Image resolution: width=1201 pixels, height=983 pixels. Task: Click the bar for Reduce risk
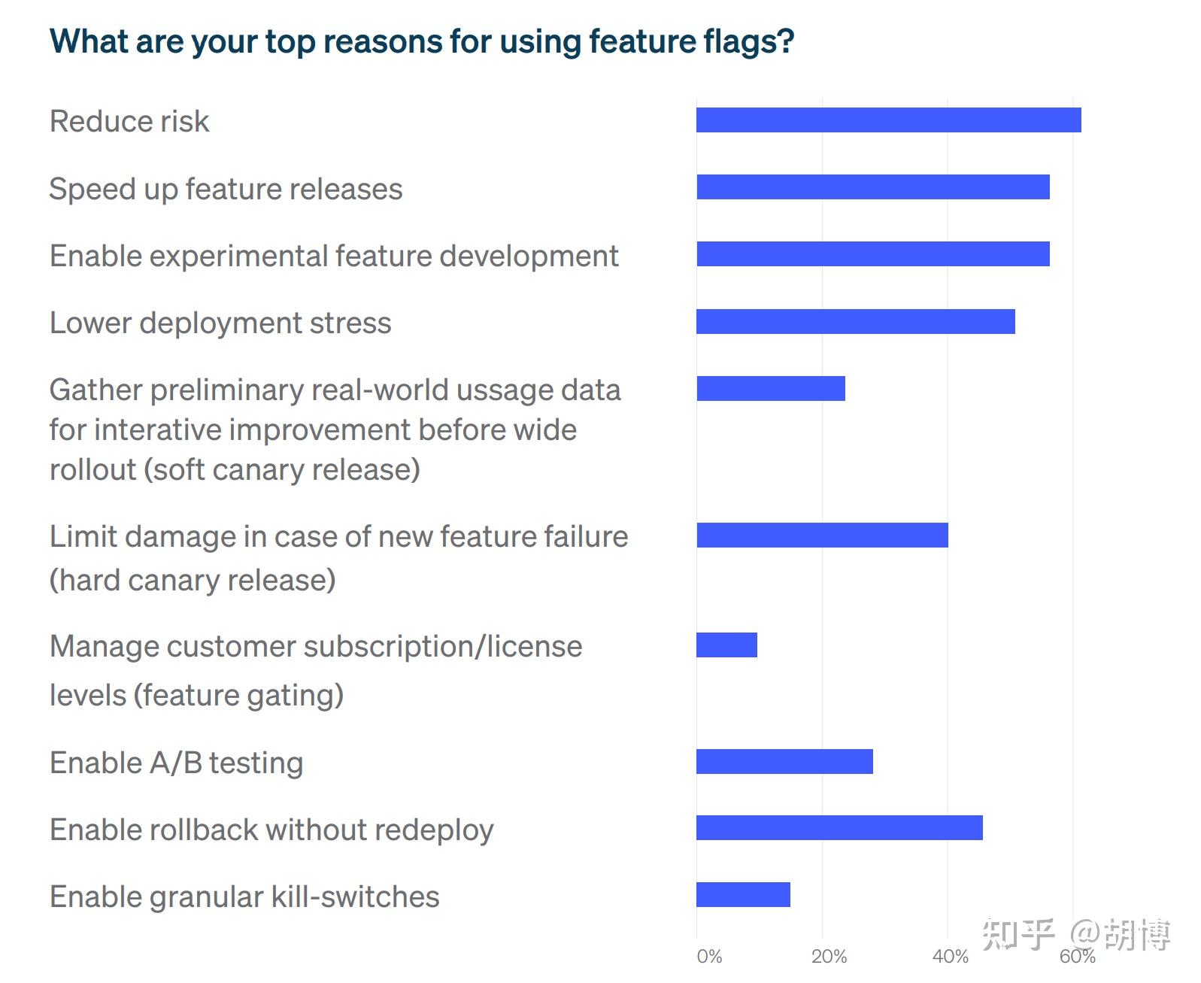tap(888, 120)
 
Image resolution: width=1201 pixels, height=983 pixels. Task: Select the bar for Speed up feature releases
tap(872, 187)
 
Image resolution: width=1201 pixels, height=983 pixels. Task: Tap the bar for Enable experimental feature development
tap(872, 254)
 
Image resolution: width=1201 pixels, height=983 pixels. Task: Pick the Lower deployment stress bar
tap(855, 321)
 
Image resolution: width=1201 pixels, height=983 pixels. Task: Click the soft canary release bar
tap(770, 388)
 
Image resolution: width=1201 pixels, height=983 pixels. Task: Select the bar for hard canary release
tap(822, 535)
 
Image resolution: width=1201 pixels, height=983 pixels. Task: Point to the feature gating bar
tap(726, 645)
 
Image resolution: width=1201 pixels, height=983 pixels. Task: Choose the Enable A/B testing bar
tap(784, 761)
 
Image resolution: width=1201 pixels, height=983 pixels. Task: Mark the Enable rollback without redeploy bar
tap(839, 827)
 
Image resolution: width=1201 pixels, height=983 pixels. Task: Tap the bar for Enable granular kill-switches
tap(743, 894)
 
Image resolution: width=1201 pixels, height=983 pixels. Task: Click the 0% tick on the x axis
tap(709, 957)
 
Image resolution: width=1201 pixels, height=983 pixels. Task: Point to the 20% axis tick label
tap(829, 957)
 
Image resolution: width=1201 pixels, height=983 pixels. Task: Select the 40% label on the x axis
tap(950, 957)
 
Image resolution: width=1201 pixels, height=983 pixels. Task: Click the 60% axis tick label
tap(1077, 957)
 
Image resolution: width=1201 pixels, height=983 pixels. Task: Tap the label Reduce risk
tap(129, 121)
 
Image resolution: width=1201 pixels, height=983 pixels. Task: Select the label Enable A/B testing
tap(176, 763)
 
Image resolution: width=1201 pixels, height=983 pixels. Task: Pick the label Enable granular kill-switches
tap(244, 897)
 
